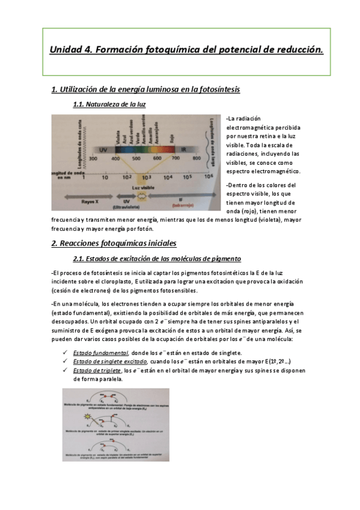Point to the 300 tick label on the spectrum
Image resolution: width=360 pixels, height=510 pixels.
(x=93, y=158)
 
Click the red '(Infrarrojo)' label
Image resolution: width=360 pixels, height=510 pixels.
(x=180, y=206)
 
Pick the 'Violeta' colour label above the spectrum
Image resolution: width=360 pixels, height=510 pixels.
(x=118, y=127)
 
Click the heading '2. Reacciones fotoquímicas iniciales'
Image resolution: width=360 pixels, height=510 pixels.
(x=114, y=244)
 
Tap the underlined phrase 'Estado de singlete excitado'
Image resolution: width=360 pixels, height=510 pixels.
(x=110, y=361)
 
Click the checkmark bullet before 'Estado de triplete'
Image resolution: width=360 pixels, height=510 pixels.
(x=64, y=370)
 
